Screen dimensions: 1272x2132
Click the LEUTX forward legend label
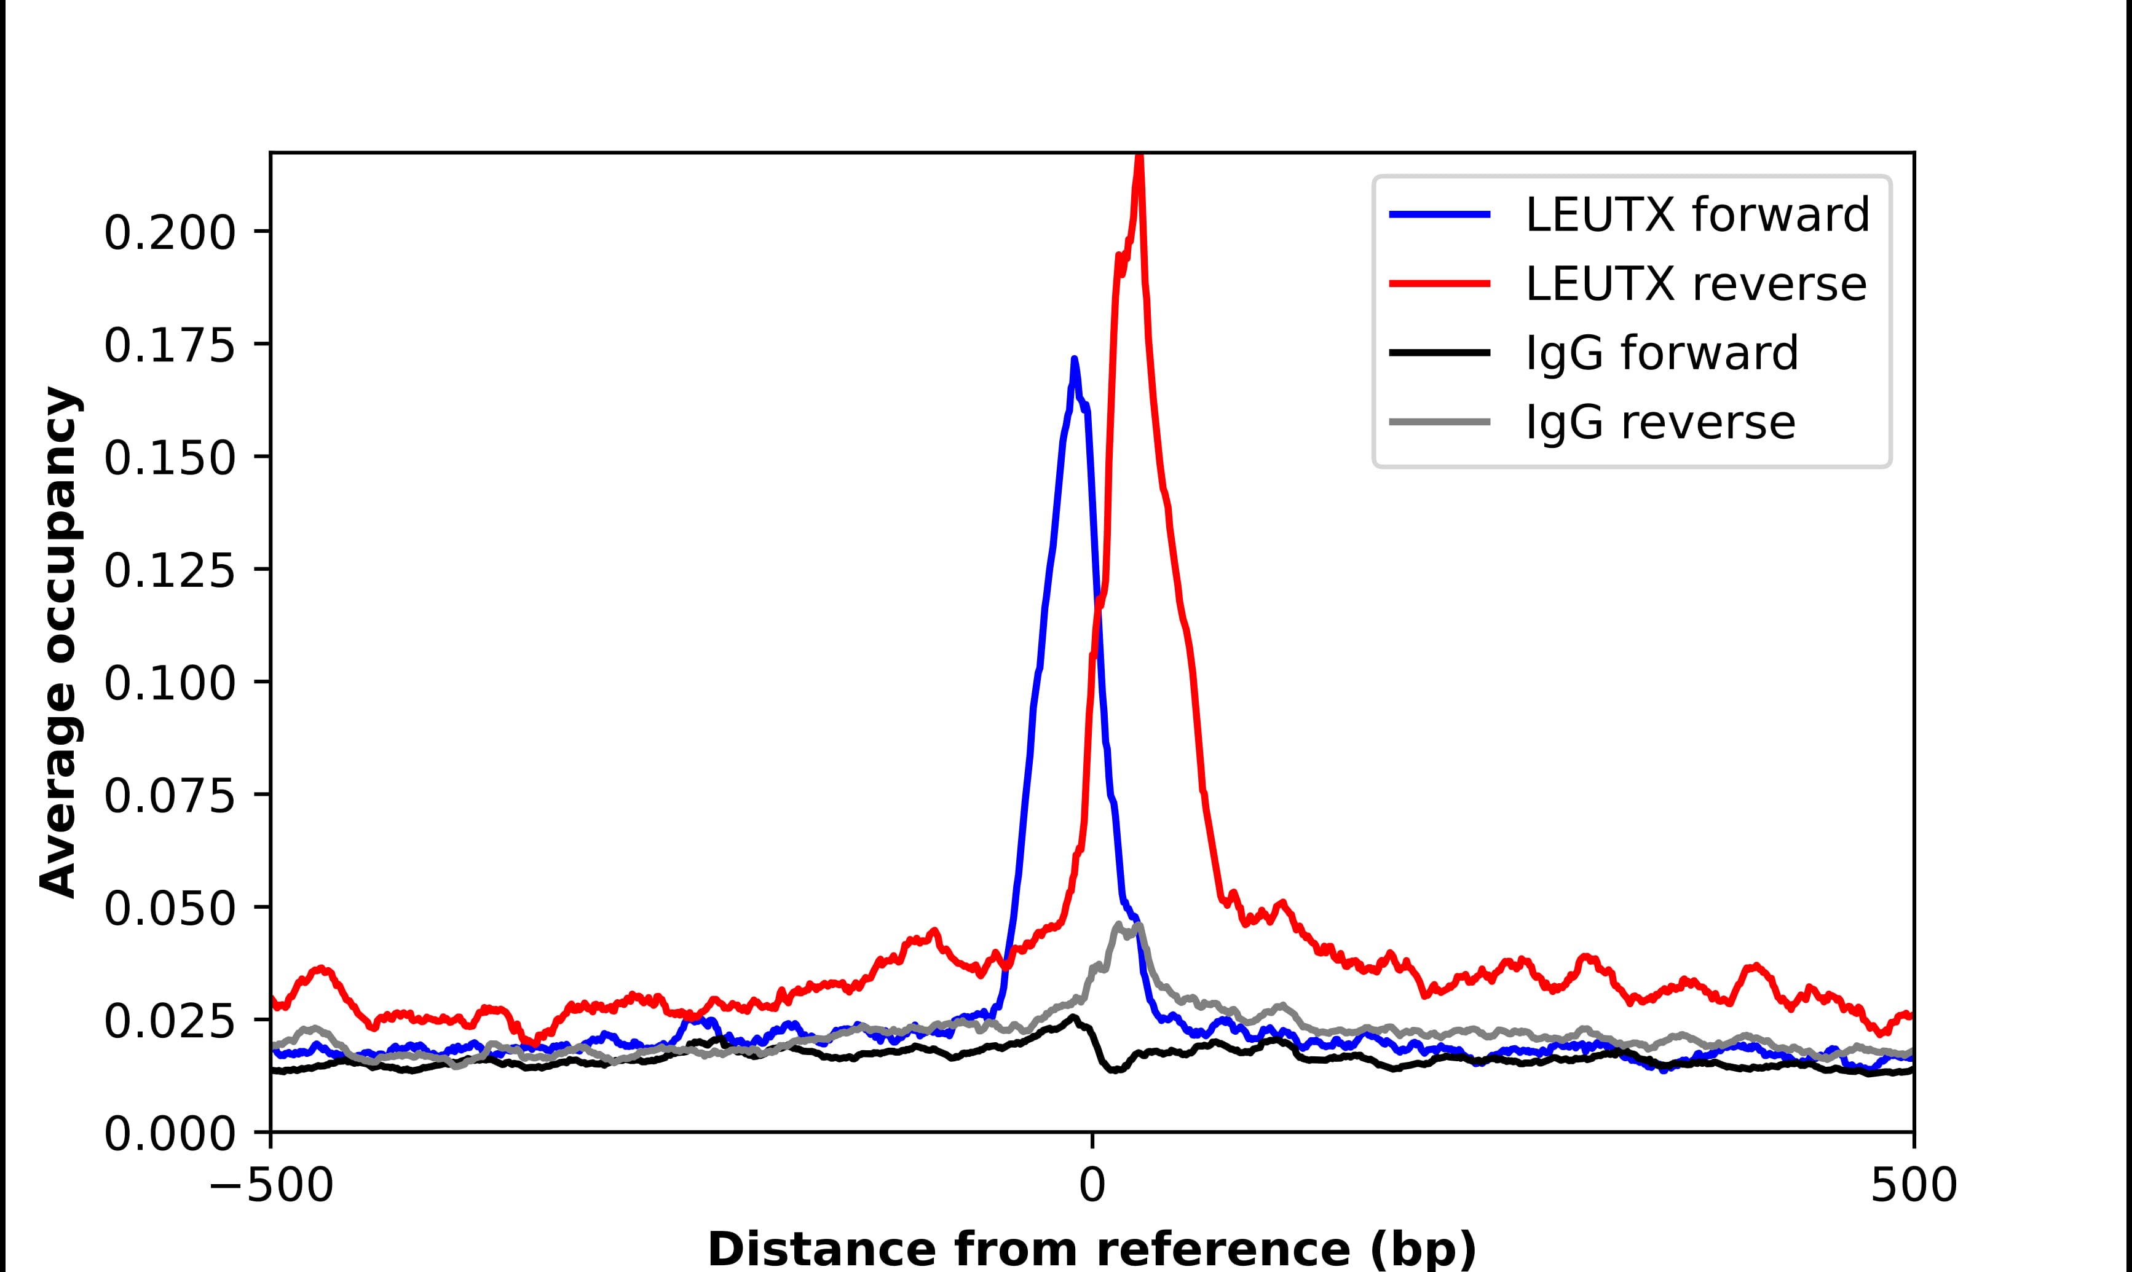(x=1697, y=214)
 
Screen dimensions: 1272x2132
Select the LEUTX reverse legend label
(x=1696, y=284)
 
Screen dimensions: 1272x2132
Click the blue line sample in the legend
(x=1439, y=214)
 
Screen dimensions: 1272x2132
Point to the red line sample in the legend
(x=1439, y=284)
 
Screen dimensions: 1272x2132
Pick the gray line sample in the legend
(x=1439, y=422)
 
